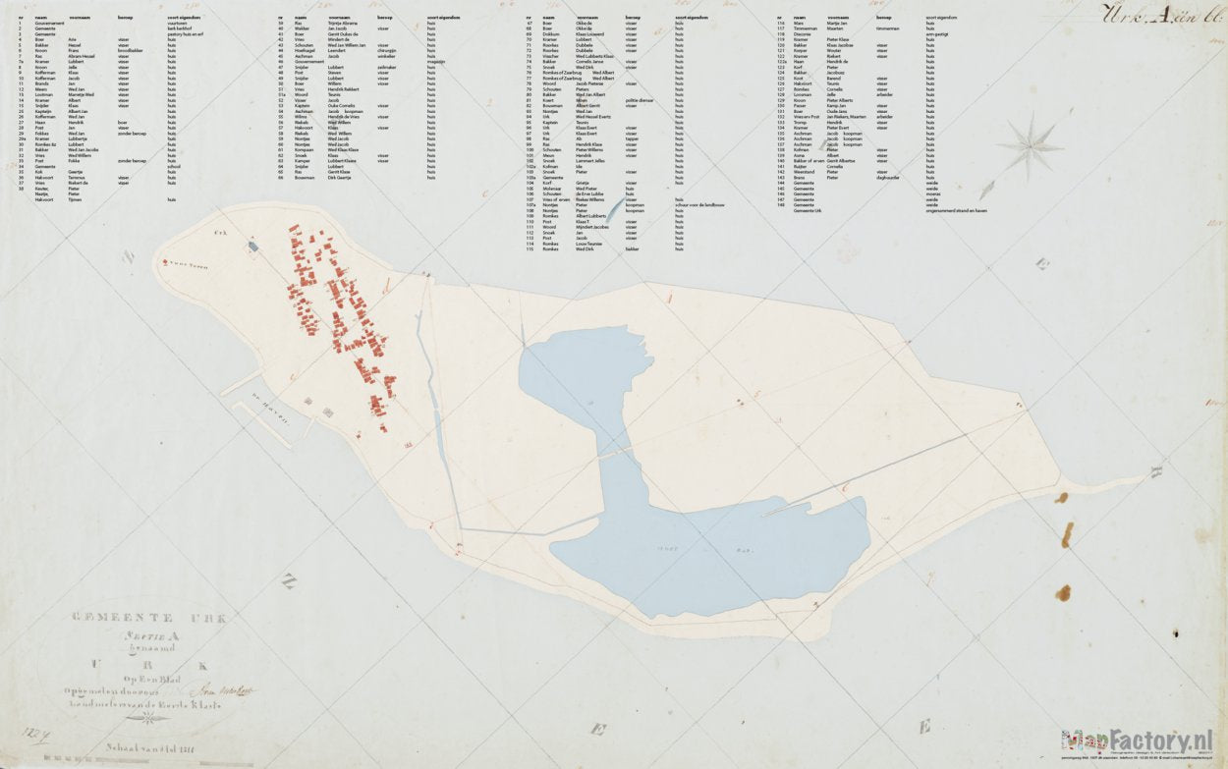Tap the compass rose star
click(1029, 148)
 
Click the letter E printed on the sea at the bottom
click(923, 727)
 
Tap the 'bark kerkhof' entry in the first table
click(179, 28)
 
